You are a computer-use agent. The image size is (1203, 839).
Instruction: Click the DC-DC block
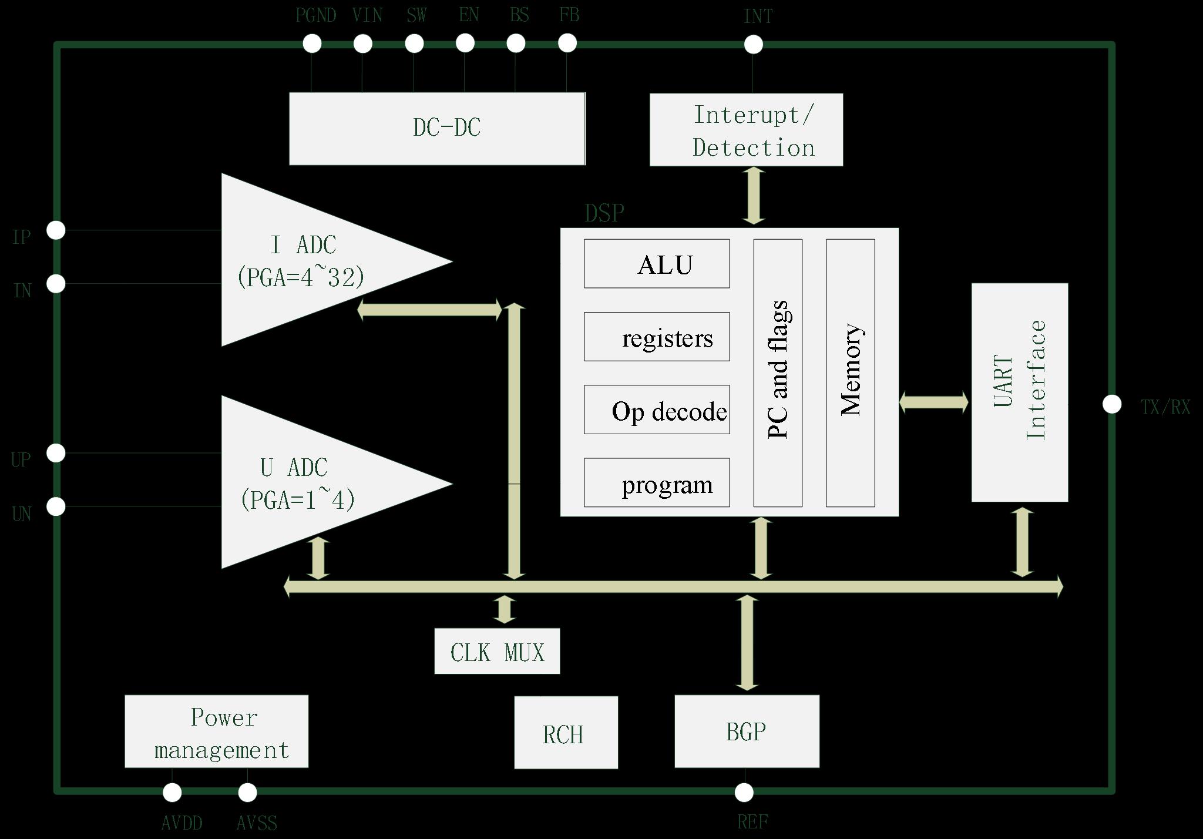click(x=437, y=128)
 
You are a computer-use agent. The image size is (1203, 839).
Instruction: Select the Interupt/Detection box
click(x=746, y=130)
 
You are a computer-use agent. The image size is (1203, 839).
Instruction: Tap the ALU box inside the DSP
click(x=657, y=264)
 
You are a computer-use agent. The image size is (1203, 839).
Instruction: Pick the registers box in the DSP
click(x=657, y=337)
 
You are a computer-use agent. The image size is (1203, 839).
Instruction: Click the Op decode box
click(x=657, y=410)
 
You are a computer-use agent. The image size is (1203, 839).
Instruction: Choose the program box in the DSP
click(x=657, y=482)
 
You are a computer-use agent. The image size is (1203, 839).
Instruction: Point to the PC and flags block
click(x=778, y=372)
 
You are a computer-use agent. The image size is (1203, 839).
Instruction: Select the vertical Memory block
click(x=850, y=372)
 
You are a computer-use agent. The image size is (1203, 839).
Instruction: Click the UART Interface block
click(x=1019, y=392)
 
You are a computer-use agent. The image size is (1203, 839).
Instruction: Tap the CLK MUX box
click(x=497, y=651)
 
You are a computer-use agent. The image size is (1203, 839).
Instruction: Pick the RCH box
click(x=566, y=733)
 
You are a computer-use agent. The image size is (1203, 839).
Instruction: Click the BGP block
click(x=747, y=731)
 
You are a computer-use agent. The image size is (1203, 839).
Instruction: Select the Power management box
click(x=216, y=731)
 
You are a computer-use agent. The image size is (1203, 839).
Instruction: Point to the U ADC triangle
click(x=305, y=482)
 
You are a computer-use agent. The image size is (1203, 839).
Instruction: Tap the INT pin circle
click(x=753, y=44)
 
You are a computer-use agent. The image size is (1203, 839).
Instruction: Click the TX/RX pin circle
click(x=1111, y=404)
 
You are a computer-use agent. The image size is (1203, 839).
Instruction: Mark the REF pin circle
click(x=744, y=793)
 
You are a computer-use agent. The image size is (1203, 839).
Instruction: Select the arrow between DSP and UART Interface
click(x=934, y=402)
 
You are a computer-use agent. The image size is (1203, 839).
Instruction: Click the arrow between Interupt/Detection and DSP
click(x=754, y=196)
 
